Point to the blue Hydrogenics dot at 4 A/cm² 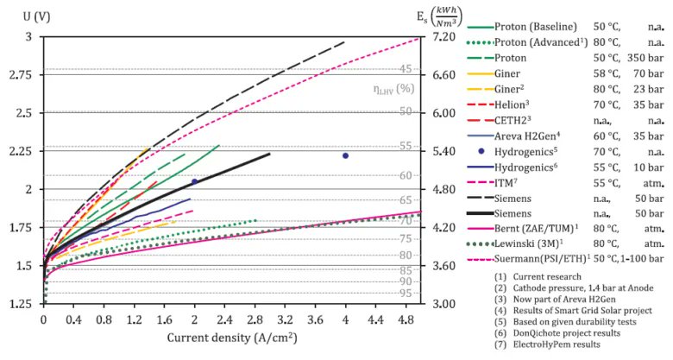tap(345, 155)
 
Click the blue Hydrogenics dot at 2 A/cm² tap(194, 181)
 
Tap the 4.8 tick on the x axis tap(406, 318)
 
